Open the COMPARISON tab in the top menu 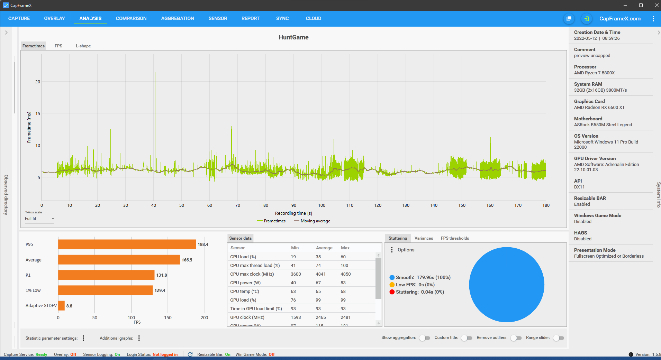click(131, 18)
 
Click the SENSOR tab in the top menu click(218, 18)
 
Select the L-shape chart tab click(83, 46)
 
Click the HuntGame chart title click(293, 37)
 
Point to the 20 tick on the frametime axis click(38, 82)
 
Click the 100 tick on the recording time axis click(322, 205)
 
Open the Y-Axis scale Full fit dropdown click(39, 219)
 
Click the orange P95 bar click(127, 244)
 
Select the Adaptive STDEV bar click(61, 306)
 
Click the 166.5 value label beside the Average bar click(187, 260)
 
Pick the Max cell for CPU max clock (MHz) click(346, 274)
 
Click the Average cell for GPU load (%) click(318, 300)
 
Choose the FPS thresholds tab click(455, 238)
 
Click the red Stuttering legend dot click(392, 292)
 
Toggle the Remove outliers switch click(516, 338)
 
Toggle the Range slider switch click(559, 338)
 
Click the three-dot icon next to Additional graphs click(139, 338)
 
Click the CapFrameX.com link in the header click(620, 19)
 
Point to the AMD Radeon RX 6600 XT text click(599, 108)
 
